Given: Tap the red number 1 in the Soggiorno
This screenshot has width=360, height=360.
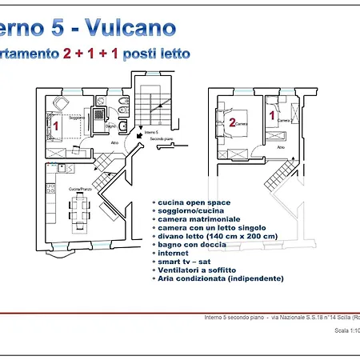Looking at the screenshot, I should tap(56, 125).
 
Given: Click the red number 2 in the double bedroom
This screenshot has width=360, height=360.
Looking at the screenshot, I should tap(232, 122).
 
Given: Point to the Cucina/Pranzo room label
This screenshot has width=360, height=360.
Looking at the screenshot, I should tap(80, 188).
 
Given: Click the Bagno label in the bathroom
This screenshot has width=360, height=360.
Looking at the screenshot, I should tap(111, 126).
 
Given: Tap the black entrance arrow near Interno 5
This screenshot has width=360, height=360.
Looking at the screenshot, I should tap(142, 137).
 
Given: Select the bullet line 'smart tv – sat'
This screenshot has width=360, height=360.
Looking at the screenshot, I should tap(184, 262).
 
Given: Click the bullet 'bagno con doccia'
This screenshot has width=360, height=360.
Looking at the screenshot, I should tap(192, 245).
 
